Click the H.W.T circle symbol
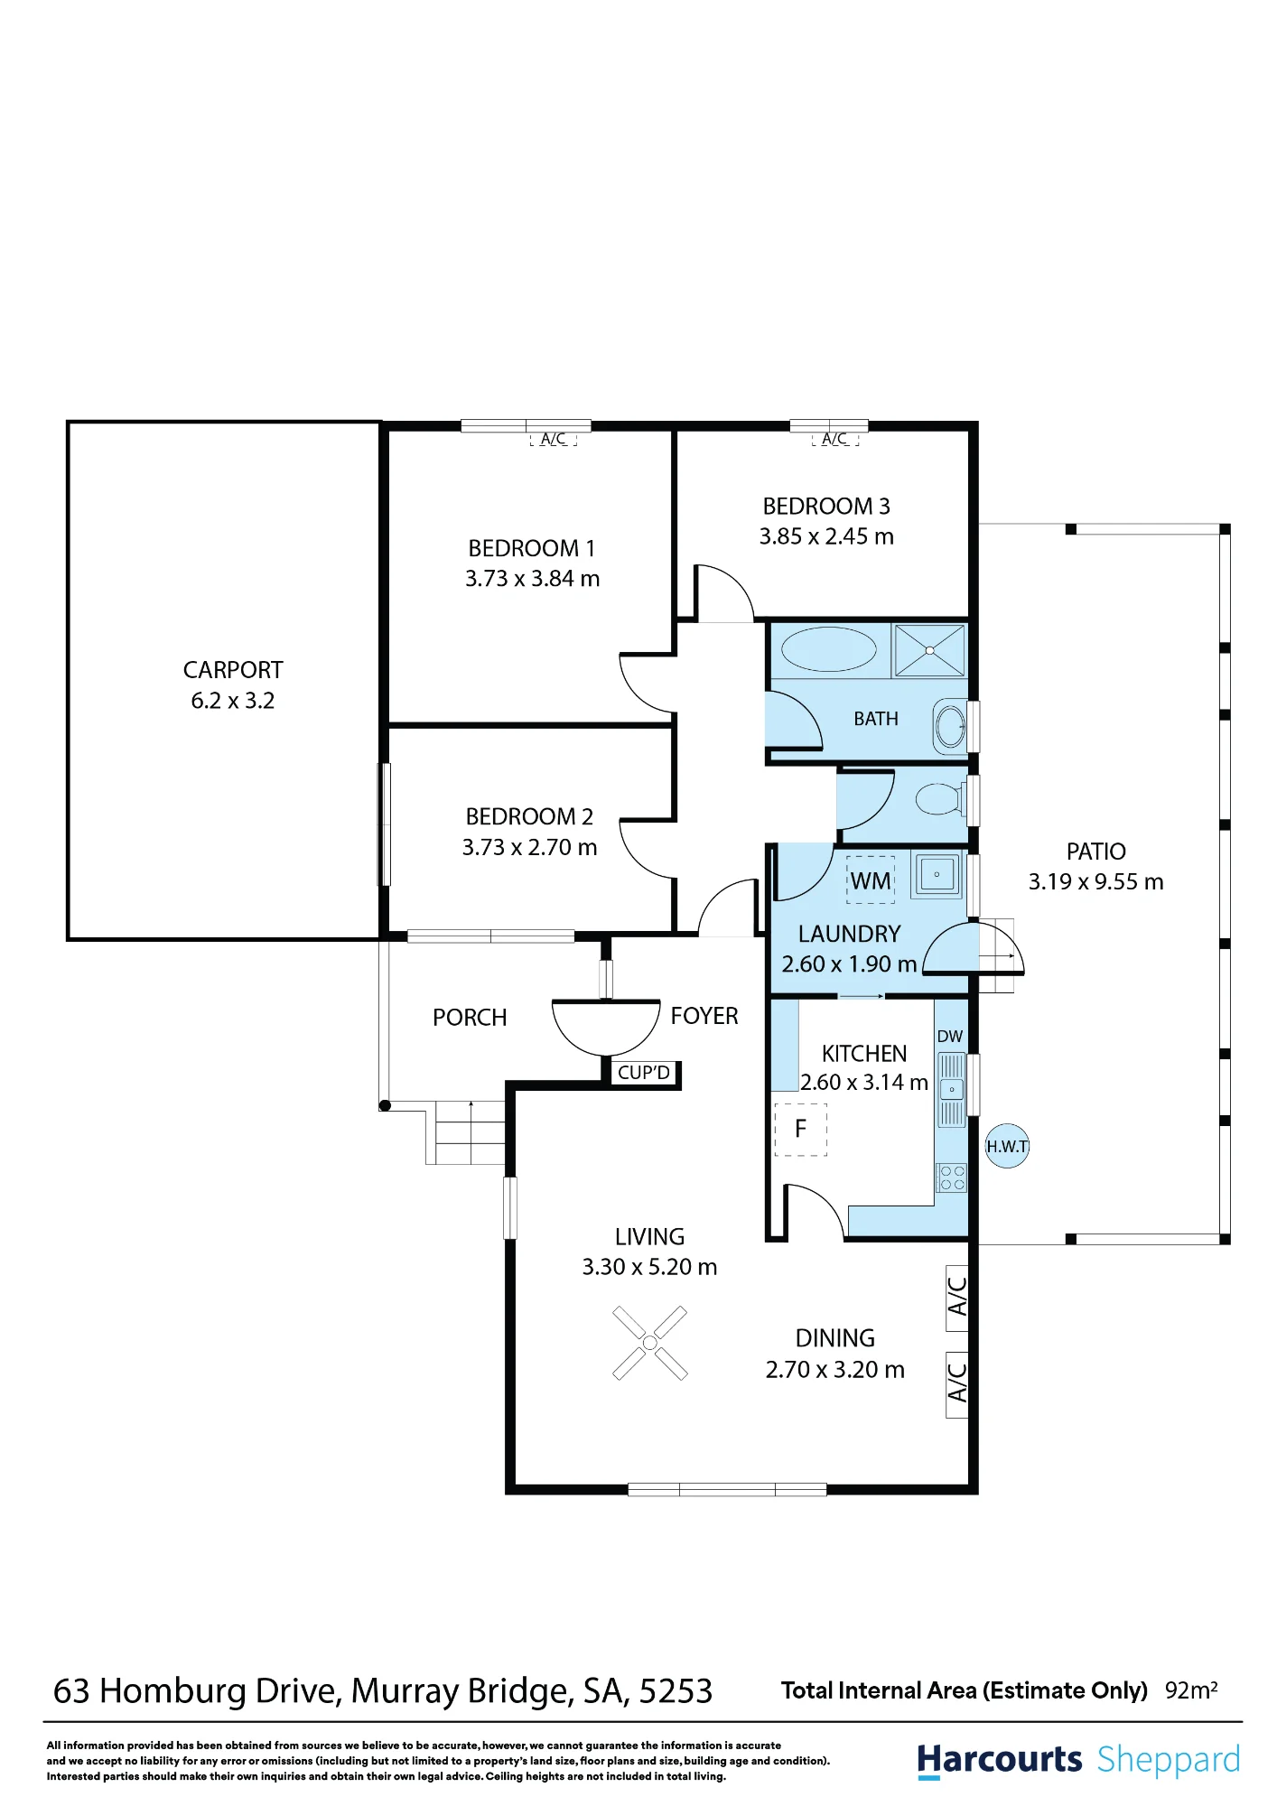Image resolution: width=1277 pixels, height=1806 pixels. pyautogui.click(x=1007, y=1146)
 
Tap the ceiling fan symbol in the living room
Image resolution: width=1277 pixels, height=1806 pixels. pyautogui.click(x=649, y=1343)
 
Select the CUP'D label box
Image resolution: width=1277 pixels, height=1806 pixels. pyautogui.click(x=644, y=1073)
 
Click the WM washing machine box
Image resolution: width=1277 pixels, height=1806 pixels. pyautogui.click(x=871, y=880)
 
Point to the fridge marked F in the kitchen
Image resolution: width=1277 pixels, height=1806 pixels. pyautogui.click(x=800, y=1129)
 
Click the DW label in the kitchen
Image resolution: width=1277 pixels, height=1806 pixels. pyautogui.click(x=950, y=1037)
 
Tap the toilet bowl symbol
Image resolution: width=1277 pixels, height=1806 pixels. pyautogui.click(x=940, y=799)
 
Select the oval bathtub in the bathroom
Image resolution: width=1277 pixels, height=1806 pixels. pyautogui.click(x=828, y=650)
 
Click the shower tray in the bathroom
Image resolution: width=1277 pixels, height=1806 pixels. pyautogui.click(x=929, y=650)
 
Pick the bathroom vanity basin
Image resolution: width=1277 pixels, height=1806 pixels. pyautogui.click(x=950, y=725)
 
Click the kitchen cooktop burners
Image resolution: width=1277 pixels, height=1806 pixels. pyautogui.click(x=952, y=1178)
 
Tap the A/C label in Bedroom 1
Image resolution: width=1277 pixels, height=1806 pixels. pyautogui.click(x=554, y=439)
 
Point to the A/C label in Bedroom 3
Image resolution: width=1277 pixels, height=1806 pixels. pyautogui.click(x=834, y=439)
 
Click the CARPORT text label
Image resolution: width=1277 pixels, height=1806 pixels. pyautogui.click(x=233, y=670)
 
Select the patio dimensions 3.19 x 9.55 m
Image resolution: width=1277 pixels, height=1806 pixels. pyautogui.click(x=1096, y=881)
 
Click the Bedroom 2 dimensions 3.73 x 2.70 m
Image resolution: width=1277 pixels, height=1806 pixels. pyautogui.click(x=529, y=847)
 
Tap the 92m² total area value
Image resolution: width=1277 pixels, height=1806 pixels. pyautogui.click(x=1191, y=1690)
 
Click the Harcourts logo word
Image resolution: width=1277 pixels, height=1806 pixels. pyautogui.click(x=999, y=1760)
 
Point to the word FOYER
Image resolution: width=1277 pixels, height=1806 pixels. pyautogui.click(x=704, y=1016)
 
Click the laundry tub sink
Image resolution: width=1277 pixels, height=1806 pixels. pyautogui.click(x=937, y=875)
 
